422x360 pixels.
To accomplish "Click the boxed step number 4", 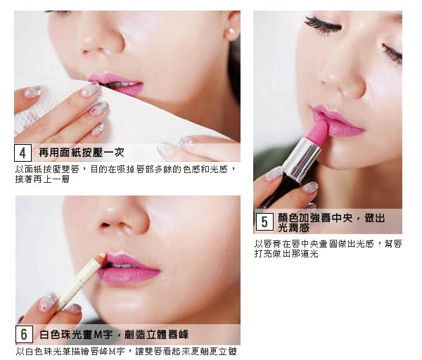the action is click(x=23, y=153).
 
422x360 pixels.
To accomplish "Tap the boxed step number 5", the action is click(x=264, y=222).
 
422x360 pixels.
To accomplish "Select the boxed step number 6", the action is click(x=24, y=335).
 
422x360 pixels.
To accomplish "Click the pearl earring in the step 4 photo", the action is click(x=231, y=32).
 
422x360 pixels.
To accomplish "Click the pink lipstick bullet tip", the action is click(x=319, y=129).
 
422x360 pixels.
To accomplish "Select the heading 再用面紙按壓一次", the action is click(x=82, y=153).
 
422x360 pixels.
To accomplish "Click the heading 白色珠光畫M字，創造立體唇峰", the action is click(x=114, y=335).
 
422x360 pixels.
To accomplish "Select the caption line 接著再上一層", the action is click(x=42, y=179).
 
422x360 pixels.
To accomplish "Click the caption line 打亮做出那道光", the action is click(x=286, y=254).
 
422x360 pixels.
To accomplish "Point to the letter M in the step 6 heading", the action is click(x=98, y=335).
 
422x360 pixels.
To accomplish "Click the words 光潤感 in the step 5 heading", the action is click(x=293, y=228).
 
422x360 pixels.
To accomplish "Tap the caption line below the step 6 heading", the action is click(x=126, y=352).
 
